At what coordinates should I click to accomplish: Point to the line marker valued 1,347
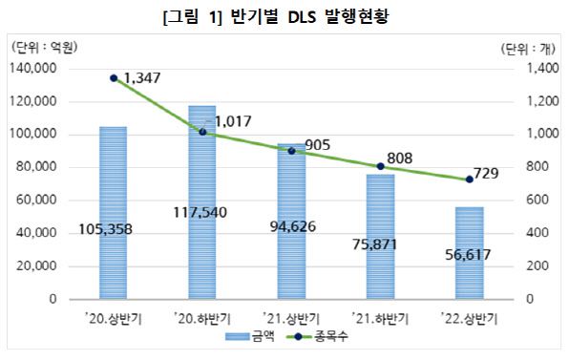click(114, 78)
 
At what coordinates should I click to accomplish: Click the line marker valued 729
click(469, 180)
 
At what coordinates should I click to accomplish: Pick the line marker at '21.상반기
click(291, 151)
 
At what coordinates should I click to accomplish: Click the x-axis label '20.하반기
click(201, 315)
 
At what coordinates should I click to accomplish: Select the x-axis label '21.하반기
click(379, 315)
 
